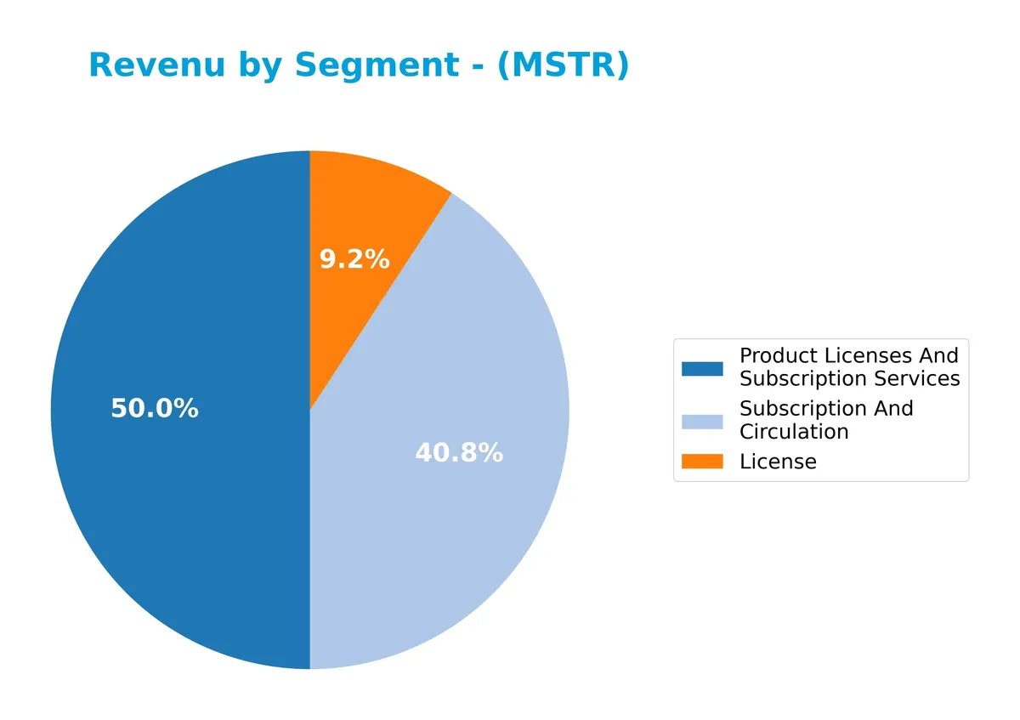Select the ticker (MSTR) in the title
pos(564,65)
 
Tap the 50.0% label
pos(155,409)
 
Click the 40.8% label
pos(459,454)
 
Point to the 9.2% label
pos(354,260)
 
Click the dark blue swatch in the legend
pos(702,368)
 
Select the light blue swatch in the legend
pos(702,422)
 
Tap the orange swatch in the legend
pos(702,462)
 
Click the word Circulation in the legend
pos(794,432)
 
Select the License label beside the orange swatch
pos(778,462)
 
